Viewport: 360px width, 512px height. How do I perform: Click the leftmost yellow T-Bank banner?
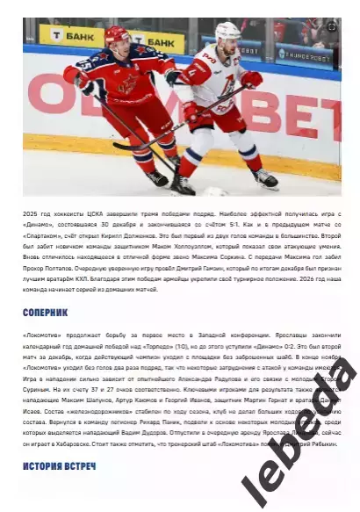pyautogui.click(x=70, y=35)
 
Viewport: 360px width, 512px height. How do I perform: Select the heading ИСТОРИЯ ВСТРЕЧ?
pyautogui.click(x=60, y=465)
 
